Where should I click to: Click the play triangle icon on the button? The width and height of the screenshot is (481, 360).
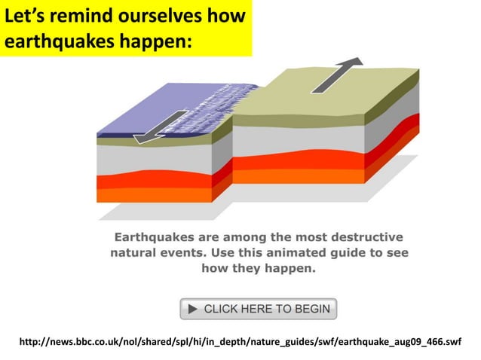193,309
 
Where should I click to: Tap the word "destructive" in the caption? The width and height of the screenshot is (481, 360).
363,236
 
